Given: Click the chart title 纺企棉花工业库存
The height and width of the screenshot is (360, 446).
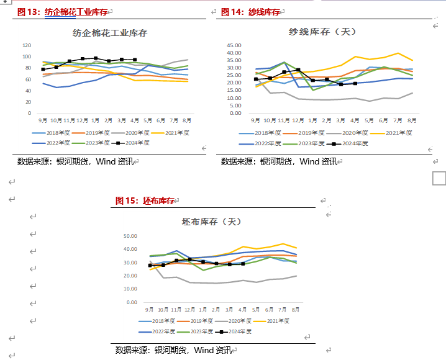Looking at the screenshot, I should [110, 33].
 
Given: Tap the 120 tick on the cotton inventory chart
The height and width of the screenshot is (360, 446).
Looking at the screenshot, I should [27, 46].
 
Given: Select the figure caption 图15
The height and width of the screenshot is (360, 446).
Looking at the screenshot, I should [124, 200].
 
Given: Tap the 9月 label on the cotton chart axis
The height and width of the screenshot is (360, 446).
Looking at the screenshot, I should [43, 120].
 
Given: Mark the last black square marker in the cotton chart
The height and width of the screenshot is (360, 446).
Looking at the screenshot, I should [135, 60].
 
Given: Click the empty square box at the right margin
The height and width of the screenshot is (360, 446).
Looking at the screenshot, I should [439, 179].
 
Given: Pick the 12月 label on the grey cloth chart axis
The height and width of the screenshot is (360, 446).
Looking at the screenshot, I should [190, 309].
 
